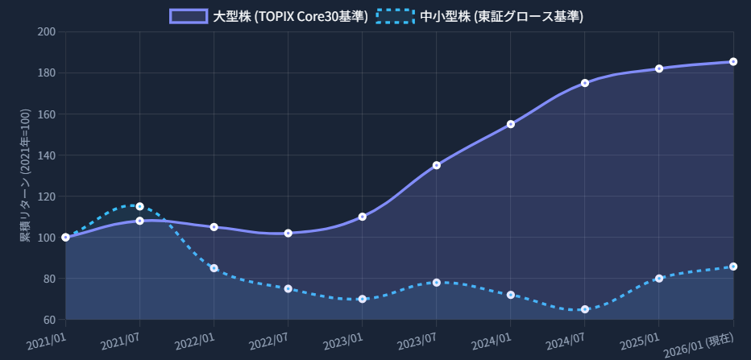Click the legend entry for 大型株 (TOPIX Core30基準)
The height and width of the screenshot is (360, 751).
269,16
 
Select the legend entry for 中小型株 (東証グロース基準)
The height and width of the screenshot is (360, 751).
479,16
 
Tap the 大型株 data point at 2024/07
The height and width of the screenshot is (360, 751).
585,83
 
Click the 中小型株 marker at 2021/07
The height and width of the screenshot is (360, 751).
140,206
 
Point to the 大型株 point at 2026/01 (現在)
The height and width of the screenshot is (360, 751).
733,62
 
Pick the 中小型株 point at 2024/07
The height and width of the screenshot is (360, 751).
585,309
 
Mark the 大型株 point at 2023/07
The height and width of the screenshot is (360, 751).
437,165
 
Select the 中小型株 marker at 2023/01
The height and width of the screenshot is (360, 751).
363,299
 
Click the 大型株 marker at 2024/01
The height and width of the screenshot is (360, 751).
511,124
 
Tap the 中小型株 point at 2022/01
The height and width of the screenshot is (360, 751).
214,268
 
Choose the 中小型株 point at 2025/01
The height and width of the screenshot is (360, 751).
659,279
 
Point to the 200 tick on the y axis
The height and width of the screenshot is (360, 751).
47,31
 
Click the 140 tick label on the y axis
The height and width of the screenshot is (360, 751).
47,155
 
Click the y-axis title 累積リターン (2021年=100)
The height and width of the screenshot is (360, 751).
25,176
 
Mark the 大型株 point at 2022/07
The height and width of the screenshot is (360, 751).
288,233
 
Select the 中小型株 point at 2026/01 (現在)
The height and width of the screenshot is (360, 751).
733,267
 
